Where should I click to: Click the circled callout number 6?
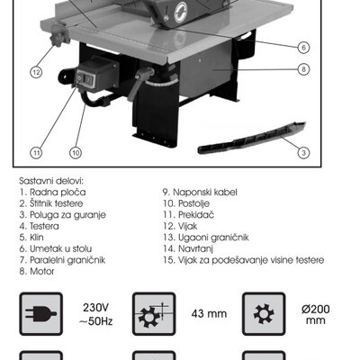pos(303,48)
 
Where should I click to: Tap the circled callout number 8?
pos(303,69)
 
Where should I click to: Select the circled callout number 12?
pos(36,72)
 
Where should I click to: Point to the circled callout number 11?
pos(36,153)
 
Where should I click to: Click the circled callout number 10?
pos(76,153)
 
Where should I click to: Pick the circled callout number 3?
pos(303,153)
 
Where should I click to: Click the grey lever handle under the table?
pos(140,83)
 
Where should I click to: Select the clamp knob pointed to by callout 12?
pos(59,36)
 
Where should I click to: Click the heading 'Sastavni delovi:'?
pos(51,181)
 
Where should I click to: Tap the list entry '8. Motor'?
pos(37,271)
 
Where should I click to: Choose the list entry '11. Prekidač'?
pos(188,215)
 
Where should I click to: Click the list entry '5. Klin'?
pos(31,238)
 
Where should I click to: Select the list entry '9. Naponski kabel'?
pos(200,192)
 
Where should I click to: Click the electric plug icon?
pos(41,314)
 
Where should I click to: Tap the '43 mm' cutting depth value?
pos(209,314)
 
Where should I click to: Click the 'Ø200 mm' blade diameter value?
pos(316,314)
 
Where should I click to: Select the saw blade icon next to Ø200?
pos(264,314)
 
